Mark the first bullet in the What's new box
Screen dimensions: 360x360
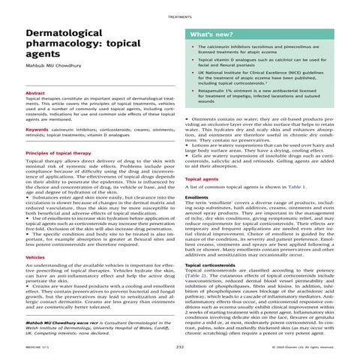[x=194, y=47]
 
